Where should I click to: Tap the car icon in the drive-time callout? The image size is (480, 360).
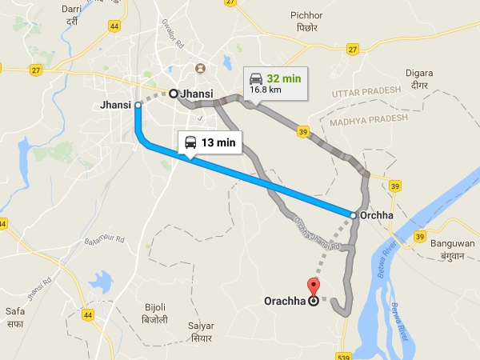[x=256, y=78]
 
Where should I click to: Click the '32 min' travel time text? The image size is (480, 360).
[x=285, y=78]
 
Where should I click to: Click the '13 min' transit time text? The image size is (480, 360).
[x=218, y=142]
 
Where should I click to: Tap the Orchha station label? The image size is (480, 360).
[x=377, y=215]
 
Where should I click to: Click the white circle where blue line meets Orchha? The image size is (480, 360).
[x=354, y=214]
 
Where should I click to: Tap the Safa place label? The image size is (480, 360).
[x=14, y=319]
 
